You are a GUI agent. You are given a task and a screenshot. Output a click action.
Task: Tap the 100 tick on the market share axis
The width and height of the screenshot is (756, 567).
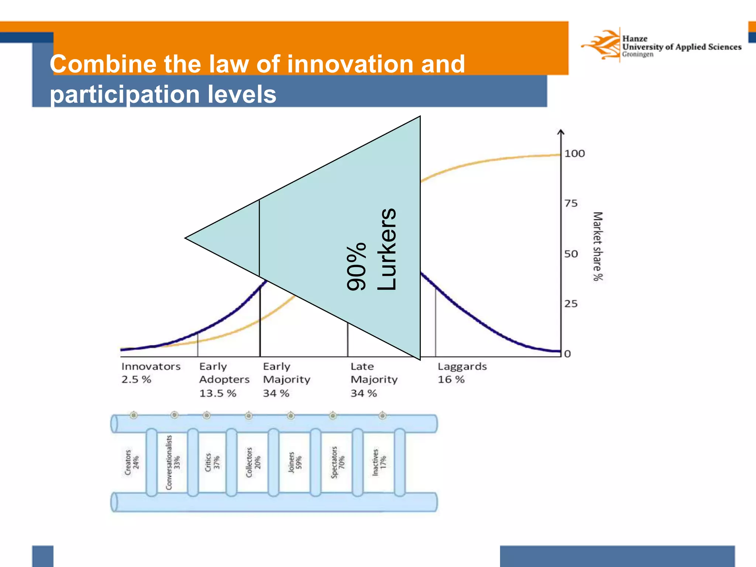(574, 154)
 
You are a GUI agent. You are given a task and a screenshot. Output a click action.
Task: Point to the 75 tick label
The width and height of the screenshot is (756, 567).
(571, 203)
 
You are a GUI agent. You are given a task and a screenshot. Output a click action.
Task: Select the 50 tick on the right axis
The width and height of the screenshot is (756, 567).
(571, 254)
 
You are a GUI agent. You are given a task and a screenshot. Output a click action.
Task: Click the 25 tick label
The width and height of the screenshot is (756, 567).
(571, 304)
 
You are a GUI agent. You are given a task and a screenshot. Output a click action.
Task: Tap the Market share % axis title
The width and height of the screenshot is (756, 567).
(597, 246)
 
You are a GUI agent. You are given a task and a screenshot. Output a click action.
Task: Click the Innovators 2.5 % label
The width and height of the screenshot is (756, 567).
(151, 373)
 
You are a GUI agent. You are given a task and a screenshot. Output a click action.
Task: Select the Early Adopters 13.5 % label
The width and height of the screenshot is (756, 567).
(224, 379)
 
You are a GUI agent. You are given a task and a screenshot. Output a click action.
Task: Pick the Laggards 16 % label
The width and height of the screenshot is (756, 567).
(462, 373)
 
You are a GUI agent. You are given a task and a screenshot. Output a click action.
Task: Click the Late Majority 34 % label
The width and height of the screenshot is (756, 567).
(374, 379)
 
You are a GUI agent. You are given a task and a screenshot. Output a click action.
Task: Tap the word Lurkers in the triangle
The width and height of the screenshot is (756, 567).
(387, 249)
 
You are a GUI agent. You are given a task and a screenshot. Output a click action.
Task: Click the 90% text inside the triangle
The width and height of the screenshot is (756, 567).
(357, 267)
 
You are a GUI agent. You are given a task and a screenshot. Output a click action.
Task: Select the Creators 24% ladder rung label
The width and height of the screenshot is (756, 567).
(132, 462)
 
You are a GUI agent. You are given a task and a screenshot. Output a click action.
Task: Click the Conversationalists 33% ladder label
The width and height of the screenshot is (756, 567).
(173, 462)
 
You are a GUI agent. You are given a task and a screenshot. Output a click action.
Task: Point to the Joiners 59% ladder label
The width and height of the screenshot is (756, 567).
(295, 462)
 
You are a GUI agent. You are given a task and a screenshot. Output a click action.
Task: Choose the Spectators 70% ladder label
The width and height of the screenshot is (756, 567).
(337, 462)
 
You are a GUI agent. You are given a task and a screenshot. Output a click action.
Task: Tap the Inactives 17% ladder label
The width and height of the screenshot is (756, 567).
(379, 462)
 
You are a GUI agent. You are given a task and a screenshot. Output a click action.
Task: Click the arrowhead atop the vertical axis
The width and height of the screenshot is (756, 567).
(561, 132)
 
